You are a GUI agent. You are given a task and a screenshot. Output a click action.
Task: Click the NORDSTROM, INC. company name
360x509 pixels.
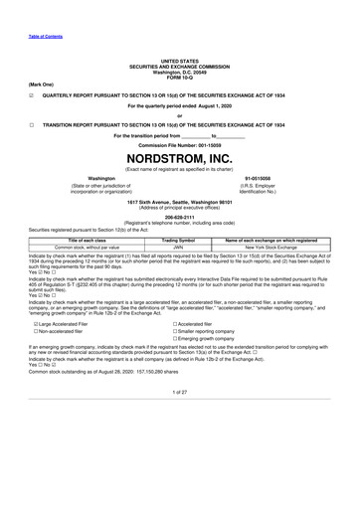180,158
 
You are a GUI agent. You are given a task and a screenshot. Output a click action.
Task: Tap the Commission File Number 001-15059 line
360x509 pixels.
180,142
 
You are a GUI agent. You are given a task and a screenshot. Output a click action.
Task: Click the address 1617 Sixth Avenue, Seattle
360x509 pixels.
180,200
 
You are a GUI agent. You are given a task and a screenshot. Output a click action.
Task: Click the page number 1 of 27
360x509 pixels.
180,420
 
